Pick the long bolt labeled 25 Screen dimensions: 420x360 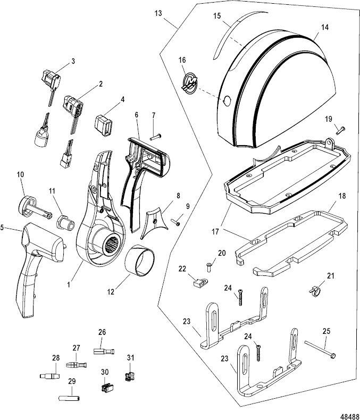(319, 351)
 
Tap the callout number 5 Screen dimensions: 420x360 (3, 228)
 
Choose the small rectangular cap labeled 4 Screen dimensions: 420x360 (105, 126)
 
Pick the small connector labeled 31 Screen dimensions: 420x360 (127, 377)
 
